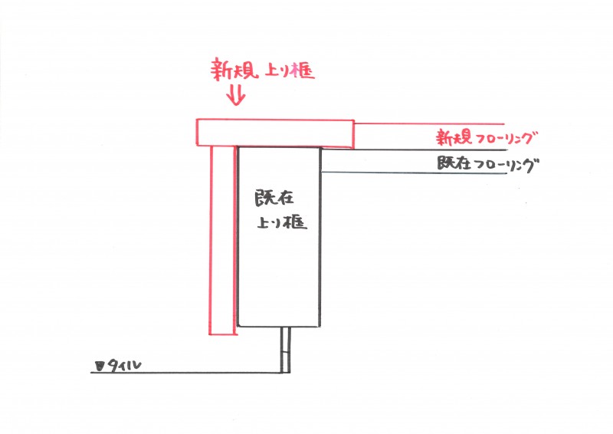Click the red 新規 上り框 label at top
[x=262, y=70]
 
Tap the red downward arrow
[x=236, y=95]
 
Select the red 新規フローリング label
[x=487, y=138]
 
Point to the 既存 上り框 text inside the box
[x=280, y=210]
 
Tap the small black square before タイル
[x=100, y=367]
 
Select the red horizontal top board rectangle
[x=275, y=133]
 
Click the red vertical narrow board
[x=223, y=240]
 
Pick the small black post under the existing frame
[x=286, y=349]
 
